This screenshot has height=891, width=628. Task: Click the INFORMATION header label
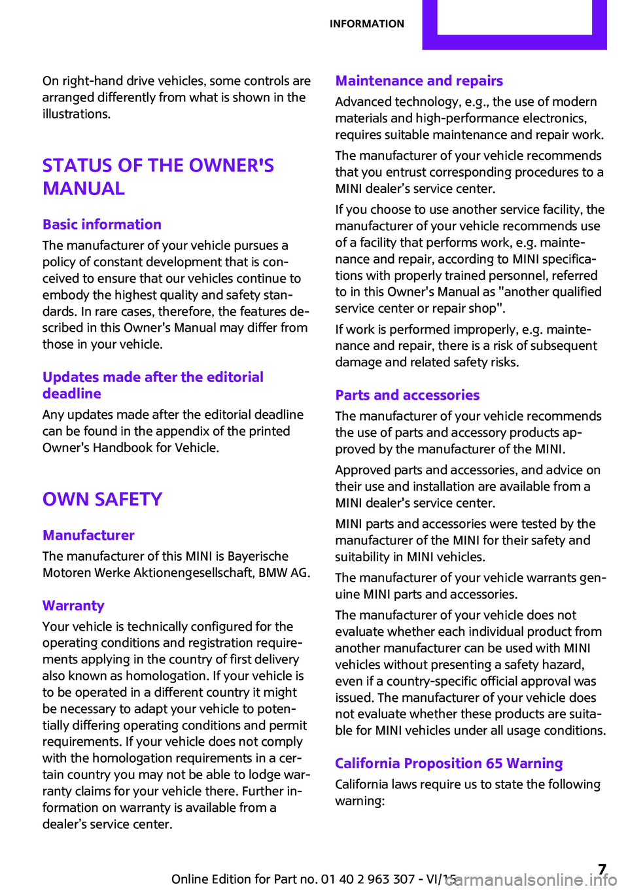pyautogui.click(x=366, y=24)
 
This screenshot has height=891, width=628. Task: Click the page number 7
pyautogui.click(x=602, y=869)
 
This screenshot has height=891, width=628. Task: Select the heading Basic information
pyautogui.click(x=102, y=224)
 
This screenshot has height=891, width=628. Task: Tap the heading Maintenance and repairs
pyautogui.click(x=419, y=81)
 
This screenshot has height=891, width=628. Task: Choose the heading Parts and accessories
pyautogui.click(x=407, y=395)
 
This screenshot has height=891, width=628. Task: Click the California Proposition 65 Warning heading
pyautogui.click(x=449, y=763)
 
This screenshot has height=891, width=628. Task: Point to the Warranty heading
pyautogui.click(x=73, y=606)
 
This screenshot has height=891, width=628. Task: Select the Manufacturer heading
pyautogui.click(x=88, y=535)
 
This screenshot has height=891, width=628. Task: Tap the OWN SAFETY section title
pyautogui.click(x=102, y=499)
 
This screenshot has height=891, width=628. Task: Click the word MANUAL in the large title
pyautogui.click(x=84, y=188)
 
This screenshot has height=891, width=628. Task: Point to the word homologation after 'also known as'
pyautogui.click(x=166, y=676)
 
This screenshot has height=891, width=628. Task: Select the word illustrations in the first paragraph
pyautogui.click(x=75, y=114)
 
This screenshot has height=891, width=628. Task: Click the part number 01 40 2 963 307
pyautogui.click(x=368, y=879)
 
